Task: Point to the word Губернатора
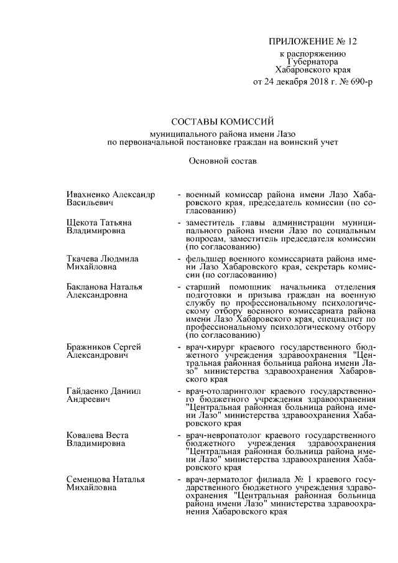(313, 62)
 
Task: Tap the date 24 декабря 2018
(292, 82)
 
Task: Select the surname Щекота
(82, 222)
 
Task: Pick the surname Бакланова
(88, 286)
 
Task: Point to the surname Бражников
(89, 346)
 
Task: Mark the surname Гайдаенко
(89, 390)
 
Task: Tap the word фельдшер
(204, 258)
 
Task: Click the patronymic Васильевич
(90, 203)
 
